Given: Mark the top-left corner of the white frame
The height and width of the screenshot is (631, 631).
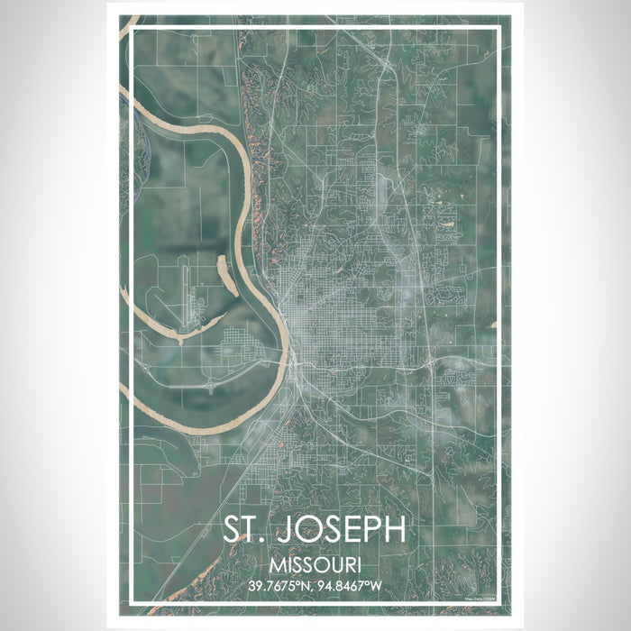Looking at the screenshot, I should (x=133, y=30).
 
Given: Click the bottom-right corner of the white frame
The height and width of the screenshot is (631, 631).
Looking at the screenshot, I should (x=498, y=600).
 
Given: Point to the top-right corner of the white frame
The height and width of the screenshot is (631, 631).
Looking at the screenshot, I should (x=498, y=30).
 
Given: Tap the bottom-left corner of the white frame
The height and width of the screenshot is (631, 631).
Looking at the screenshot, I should (x=133, y=600).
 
